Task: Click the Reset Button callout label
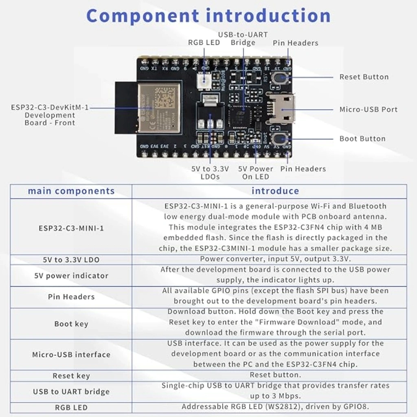click(364, 77)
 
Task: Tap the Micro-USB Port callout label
click(368, 110)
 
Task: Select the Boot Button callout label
click(362, 139)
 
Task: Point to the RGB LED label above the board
click(204, 43)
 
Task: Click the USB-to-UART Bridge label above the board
click(243, 39)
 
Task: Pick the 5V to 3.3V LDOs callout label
click(210, 173)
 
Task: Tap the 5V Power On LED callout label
click(256, 173)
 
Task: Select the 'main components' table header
click(71, 191)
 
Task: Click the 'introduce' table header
click(275, 191)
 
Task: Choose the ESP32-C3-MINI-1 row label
click(71, 228)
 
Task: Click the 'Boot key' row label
click(71, 324)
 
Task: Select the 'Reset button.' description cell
click(275, 375)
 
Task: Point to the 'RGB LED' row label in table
click(71, 407)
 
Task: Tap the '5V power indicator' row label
click(71, 276)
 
